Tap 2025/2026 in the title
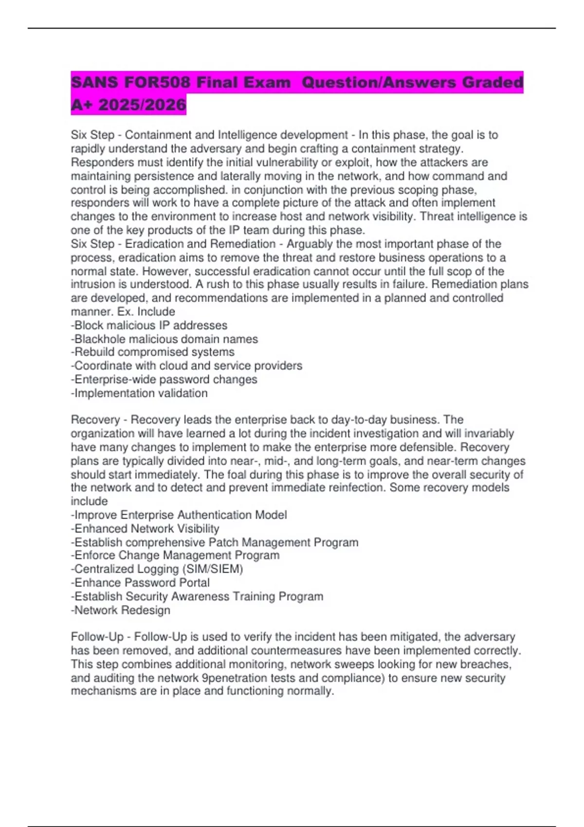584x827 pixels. (142, 105)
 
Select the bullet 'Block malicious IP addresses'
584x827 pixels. (149, 325)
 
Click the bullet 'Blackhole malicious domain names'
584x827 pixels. (164, 339)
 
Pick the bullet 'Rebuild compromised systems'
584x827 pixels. (153, 352)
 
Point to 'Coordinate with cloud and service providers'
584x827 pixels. (187, 365)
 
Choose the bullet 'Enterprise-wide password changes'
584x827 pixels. (164, 379)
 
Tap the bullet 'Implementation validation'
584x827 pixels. (140, 393)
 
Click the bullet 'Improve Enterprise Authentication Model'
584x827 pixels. (179, 515)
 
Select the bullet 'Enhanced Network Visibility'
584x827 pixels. (146, 528)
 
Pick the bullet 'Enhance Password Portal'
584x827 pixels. (141, 582)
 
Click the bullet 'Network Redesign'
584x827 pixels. (121, 610)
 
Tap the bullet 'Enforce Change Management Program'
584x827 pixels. (176, 555)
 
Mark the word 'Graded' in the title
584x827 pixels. (492, 82)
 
